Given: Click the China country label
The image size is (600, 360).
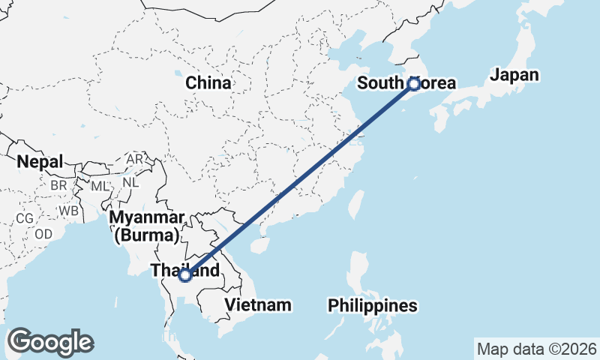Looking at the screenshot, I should pos(208,83).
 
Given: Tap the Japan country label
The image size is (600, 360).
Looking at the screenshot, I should pos(514,74).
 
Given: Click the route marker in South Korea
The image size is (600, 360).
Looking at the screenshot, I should pos(413,84).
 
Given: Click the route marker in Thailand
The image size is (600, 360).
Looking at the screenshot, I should pos(185,275).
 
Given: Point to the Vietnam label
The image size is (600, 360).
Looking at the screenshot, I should pos(257,304).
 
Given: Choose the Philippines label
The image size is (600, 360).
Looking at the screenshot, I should pos(373,306).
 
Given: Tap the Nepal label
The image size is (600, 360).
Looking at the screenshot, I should pos(40,161).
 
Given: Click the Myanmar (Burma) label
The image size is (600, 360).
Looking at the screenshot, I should pos(146,226).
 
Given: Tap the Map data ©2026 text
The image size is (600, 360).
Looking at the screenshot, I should pos(537,349).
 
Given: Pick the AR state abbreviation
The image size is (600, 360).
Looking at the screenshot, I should pos(135,160).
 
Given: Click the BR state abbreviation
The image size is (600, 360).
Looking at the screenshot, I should pos(59,184).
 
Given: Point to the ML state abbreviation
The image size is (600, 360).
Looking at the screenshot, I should pos(100,184).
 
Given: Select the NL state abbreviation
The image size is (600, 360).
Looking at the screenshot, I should pos(130,181).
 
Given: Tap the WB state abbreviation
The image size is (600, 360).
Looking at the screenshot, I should pos(70,211).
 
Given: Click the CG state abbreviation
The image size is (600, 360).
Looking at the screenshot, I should pos(24,218).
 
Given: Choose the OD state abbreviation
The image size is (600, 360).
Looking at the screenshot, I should pos(43,233).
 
